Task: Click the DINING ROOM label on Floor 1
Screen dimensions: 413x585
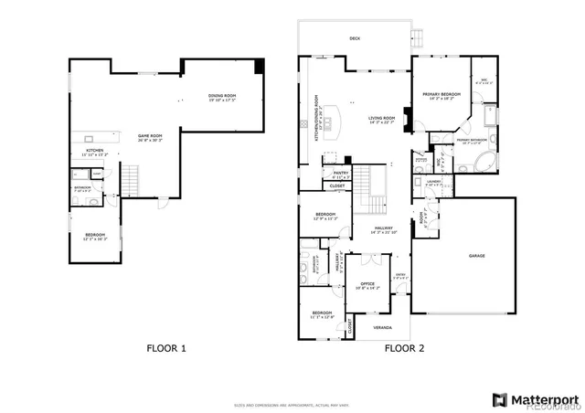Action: coord(221,97)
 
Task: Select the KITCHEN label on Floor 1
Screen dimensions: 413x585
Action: coord(95,152)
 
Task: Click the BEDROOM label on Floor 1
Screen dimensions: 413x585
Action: coord(95,236)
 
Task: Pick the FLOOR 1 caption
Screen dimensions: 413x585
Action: coord(166,348)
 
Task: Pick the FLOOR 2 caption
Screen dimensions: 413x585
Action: coord(400,348)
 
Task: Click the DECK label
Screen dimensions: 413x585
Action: coord(355,38)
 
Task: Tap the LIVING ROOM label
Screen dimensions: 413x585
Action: coord(381,119)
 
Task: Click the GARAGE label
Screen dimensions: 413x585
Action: coord(477,256)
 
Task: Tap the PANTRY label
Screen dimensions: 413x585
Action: coord(340,173)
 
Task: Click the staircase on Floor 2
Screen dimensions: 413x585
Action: coord(369,187)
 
